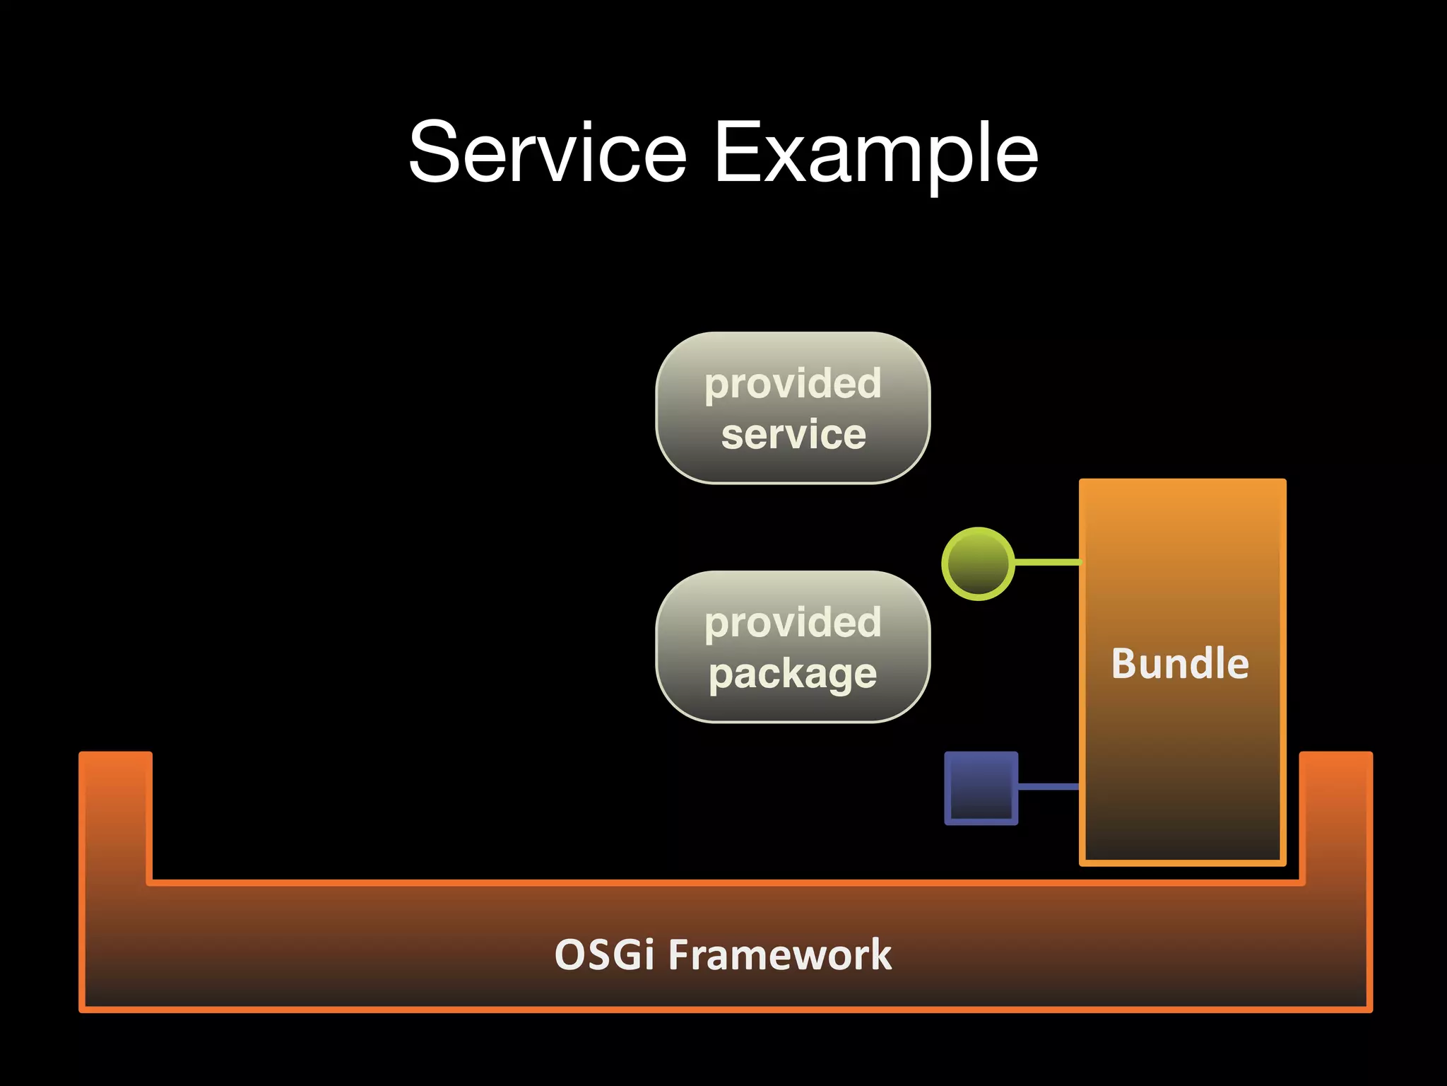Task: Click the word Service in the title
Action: [548, 153]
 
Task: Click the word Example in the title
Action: [876, 153]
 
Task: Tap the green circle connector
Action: [978, 564]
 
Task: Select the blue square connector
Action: [981, 788]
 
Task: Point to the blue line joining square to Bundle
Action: [1049, 786]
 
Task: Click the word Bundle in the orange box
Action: [1180, 664]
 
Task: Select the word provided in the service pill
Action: [793, 384]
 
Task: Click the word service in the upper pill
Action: [793, 434]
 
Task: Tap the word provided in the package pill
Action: [793, 623]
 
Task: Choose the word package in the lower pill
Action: [793, 674]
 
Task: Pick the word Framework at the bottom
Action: [780, 955]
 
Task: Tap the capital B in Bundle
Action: [1126, 664]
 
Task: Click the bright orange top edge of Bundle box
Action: [1182, 482]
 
